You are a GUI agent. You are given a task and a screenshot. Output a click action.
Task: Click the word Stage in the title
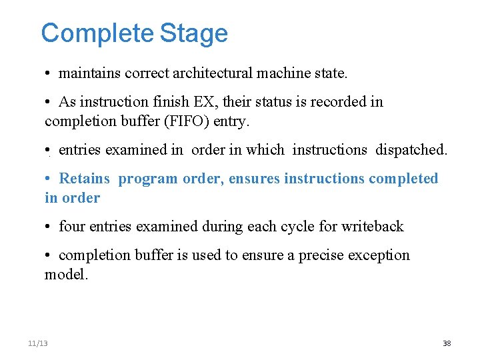pos(194,33)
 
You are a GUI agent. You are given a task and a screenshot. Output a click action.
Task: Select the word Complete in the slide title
pos(97,33)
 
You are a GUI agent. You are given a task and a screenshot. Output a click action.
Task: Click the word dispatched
pos(411,150)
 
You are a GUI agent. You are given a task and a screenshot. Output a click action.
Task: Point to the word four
pos(71,227)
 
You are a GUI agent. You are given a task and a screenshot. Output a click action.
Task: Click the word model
pos(65,274)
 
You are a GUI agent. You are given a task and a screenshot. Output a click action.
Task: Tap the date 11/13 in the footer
pos(38,343)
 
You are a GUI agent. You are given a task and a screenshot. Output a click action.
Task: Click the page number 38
pos(447,343)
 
